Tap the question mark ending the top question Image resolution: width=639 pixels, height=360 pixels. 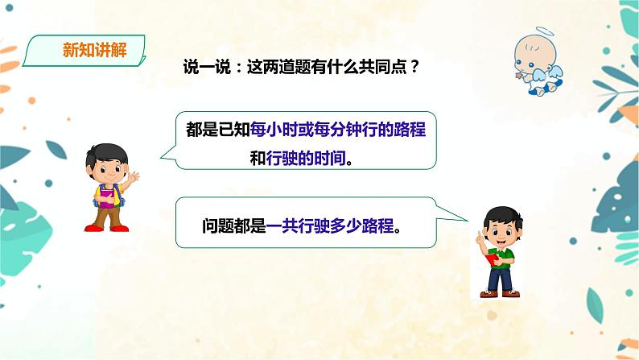coord(414,71)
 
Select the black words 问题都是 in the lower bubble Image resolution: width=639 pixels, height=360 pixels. coord(233,226)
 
